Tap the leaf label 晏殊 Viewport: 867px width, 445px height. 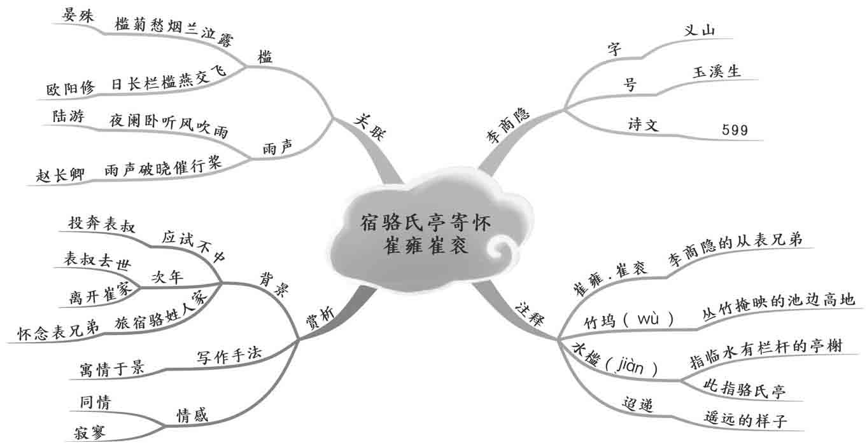tap(78, 16)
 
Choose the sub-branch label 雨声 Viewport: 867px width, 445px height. tap(278, 147)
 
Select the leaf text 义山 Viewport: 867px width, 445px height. tap(698, 30)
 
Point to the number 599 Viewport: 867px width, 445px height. tap(735, 130)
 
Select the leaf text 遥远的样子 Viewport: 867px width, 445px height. tap(746, 420)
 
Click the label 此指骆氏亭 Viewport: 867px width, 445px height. tap(744, 388)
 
